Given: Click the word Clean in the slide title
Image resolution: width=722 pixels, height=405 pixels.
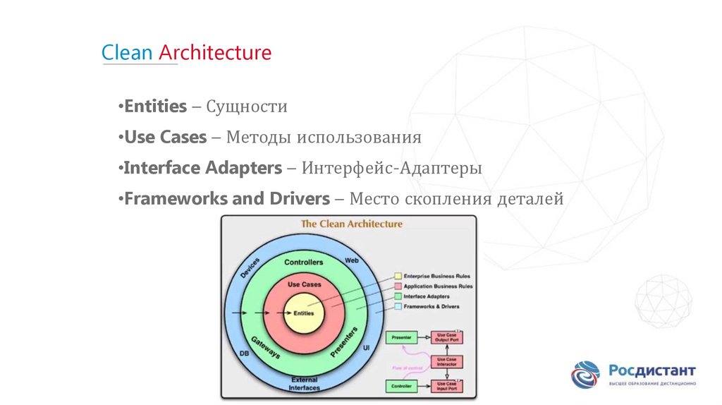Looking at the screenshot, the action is coord(127,53).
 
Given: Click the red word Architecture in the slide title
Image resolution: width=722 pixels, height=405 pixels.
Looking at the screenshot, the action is coord(215,53).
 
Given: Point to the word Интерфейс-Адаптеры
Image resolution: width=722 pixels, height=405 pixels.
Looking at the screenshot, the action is coord(392,169).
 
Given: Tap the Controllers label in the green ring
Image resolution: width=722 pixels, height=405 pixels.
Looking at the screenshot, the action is coord(304,262).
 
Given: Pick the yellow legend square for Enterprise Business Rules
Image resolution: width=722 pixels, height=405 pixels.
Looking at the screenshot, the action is coord(398,276).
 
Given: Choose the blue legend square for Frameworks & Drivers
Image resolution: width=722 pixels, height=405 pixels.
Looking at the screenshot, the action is coord(398,306).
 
